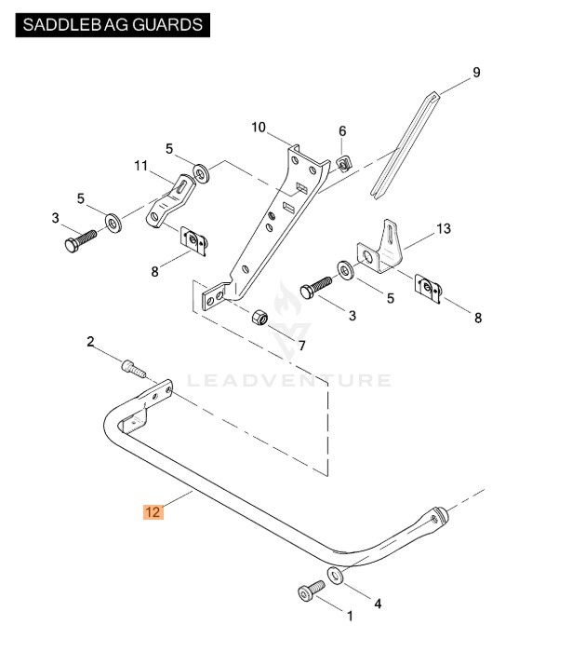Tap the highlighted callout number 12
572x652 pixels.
[x=153, y=511]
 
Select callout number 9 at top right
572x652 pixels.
[x=476, y=73]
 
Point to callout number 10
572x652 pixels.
[x=259, y=128]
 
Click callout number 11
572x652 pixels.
[x=140, y=167]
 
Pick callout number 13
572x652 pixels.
[x=443, y=228]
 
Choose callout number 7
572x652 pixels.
[x=300, y=346]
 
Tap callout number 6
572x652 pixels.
[x=342, y=131]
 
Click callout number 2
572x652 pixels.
[x=91, y=341]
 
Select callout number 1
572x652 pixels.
[x=350, y=616]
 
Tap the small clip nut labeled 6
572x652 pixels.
[x=343, y=164]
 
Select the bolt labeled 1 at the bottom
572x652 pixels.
[x=309, y=590]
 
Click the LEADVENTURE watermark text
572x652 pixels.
[x=288, y=380]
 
